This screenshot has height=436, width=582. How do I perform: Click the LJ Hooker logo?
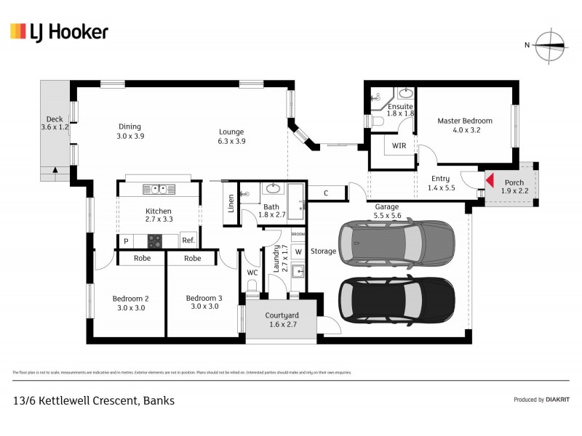pos(59,31)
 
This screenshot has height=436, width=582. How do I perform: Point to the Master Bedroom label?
pos(464,121)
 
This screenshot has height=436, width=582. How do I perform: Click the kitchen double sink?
pos(158,189)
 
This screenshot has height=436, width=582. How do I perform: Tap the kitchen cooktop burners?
pos(155,240)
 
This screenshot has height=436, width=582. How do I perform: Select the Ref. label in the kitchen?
pos(188,241)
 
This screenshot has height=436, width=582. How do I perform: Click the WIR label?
pos(399,146)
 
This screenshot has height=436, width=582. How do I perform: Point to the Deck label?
pos(54,119)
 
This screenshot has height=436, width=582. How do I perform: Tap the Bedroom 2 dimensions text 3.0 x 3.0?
pos(130,307)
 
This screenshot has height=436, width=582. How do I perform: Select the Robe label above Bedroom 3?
pos(192,258)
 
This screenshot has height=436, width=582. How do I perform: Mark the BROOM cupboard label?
pos(298,235)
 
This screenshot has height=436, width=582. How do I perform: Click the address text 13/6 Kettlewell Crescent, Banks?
pos(93,400)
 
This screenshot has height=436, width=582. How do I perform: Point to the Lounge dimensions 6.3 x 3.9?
pos(232,142)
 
